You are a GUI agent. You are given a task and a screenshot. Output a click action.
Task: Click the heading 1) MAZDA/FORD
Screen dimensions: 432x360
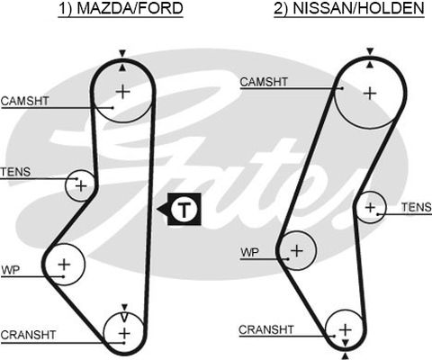coord(121,8)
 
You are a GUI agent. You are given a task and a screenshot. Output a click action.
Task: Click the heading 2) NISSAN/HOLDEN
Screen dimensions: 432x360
coord(349,8)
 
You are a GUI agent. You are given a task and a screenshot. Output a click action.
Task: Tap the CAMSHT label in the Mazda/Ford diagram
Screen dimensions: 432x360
coord(24,101)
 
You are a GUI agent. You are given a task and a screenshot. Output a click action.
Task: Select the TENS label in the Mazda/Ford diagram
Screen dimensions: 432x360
coord(15,172)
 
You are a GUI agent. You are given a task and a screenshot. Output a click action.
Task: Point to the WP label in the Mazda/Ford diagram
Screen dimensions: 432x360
coord(10,270)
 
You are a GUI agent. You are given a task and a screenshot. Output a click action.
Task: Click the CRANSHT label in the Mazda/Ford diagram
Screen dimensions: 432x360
coord(28,335)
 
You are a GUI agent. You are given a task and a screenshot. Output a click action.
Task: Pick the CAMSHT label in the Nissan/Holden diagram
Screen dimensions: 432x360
coord(264,82)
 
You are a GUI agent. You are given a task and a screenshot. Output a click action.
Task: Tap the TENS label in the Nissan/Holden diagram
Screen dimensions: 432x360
coord(417,207)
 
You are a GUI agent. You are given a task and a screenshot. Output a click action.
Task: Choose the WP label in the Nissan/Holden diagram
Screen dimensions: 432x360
coord(249,252)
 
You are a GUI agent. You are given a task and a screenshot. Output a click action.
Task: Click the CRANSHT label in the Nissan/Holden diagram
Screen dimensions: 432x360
coord(266,329)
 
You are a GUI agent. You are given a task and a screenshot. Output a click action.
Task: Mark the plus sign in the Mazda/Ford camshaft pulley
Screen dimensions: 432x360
coord(122,91)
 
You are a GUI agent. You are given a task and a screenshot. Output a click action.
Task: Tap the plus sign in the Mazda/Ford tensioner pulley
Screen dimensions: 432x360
coord(81,186)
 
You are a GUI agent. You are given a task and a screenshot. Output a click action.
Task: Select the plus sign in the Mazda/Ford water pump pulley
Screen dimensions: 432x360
coord(64,265)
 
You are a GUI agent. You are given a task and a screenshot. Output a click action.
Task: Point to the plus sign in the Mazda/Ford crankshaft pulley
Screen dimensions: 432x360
coord(124,333)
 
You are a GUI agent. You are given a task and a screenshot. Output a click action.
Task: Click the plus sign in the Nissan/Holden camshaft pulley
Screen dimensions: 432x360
coord(370,94)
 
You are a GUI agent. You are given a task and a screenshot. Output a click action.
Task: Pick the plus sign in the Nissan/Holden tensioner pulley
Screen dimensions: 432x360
coord(371,207)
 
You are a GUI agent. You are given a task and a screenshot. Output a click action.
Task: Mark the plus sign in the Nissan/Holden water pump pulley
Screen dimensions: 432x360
coord(297,250)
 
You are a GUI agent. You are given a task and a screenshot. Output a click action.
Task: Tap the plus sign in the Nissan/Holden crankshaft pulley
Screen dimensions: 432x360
coord(346,329)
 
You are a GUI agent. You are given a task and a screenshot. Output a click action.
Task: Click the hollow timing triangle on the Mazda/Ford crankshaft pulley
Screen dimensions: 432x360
coord(124,317)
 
